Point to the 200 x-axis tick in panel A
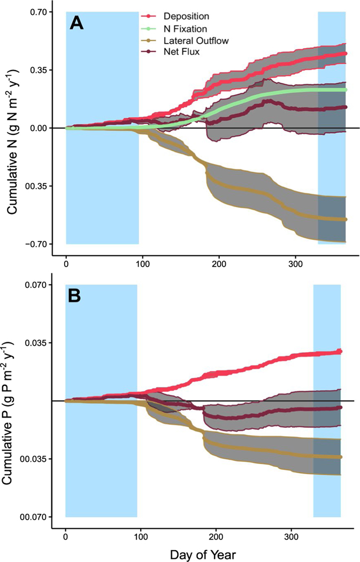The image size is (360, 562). pos(219,264)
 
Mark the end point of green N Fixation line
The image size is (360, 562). pos(345,89)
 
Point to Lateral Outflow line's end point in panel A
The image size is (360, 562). pos(345,219)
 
